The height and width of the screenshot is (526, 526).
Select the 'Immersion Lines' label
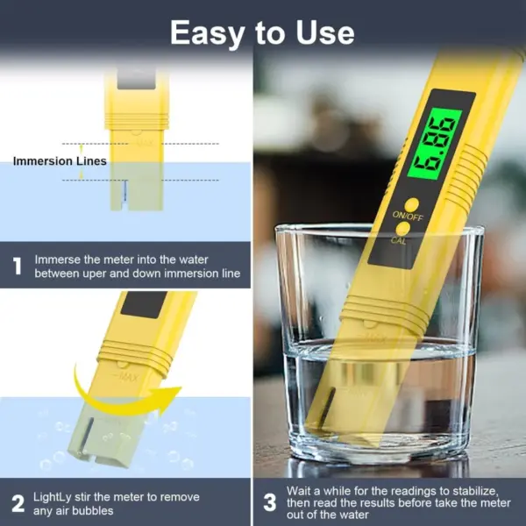click(x=60, y=161)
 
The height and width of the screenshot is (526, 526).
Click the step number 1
click(x=17, y=267)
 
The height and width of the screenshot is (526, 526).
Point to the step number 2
click(x=17, y=502)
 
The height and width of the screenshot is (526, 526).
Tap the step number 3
click(x=270, y=502)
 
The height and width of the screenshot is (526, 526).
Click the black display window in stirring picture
click(x=146, y=304)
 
